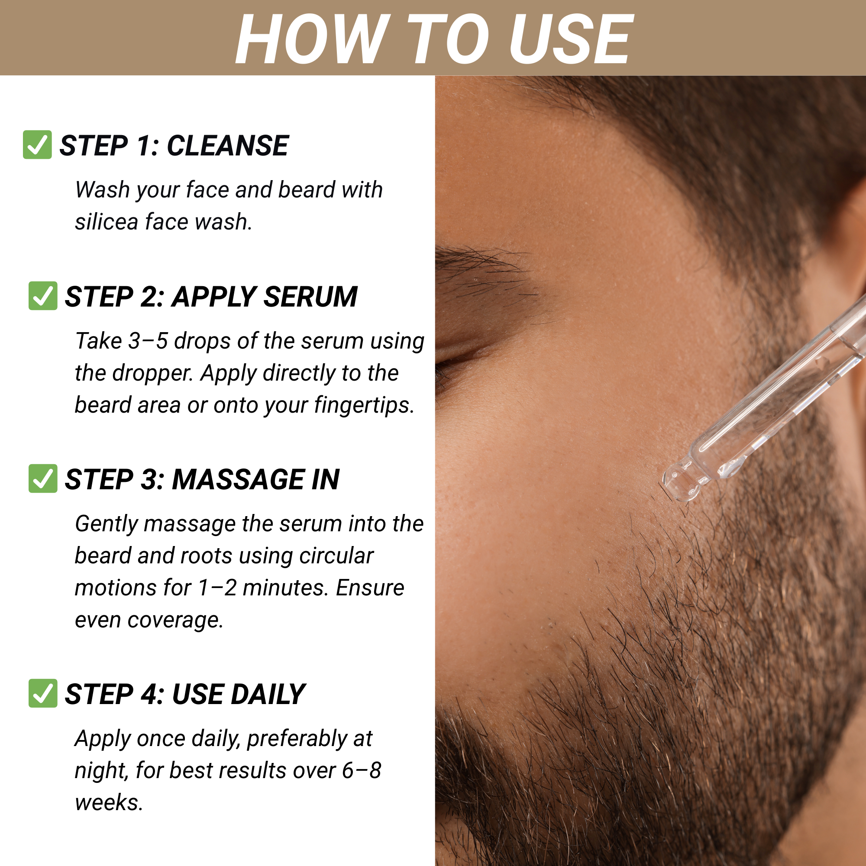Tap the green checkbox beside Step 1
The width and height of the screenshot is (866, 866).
pos(37,145)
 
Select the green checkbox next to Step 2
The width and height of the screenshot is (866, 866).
pos(43,296)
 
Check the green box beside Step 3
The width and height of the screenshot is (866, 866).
pos(43,479)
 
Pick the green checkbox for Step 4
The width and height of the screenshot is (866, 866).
pos(43,693)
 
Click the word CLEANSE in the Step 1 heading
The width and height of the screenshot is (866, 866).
pos(228,145)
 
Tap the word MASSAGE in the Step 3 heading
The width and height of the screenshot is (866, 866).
pos(238,480)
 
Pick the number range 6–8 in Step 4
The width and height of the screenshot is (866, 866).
pos(361,771)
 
